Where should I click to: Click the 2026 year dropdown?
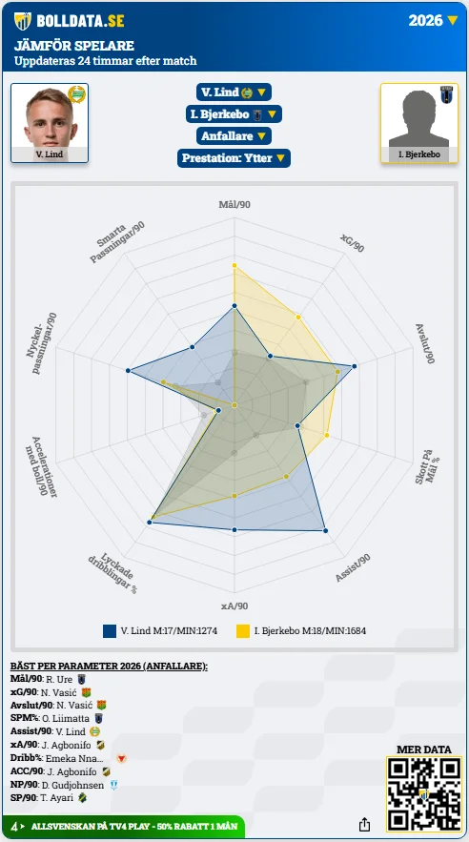click(433, 20)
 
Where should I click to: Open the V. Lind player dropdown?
click(234, 92)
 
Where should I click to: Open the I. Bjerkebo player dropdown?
click(234, 114)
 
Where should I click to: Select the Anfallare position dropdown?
click(234, 135)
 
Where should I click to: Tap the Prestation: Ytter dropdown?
click(234, 158)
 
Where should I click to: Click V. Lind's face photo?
click(50, 118)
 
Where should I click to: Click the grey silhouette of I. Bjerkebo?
click(419, 118)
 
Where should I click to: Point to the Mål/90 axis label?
click(234, 205)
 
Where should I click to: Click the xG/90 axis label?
click(352, 243)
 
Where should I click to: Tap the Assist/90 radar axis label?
click(353, 568)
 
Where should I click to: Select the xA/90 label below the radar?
click(234, 606)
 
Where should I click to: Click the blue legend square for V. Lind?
click(110, 631)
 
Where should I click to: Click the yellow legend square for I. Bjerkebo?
click(243, 631)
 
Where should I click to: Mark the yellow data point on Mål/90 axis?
click(234, 266)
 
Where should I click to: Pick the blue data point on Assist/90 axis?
click(325, 530)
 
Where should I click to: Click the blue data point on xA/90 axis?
click(234, 530)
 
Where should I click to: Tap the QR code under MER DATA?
click(424, 793)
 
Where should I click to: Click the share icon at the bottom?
click(364, 824)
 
